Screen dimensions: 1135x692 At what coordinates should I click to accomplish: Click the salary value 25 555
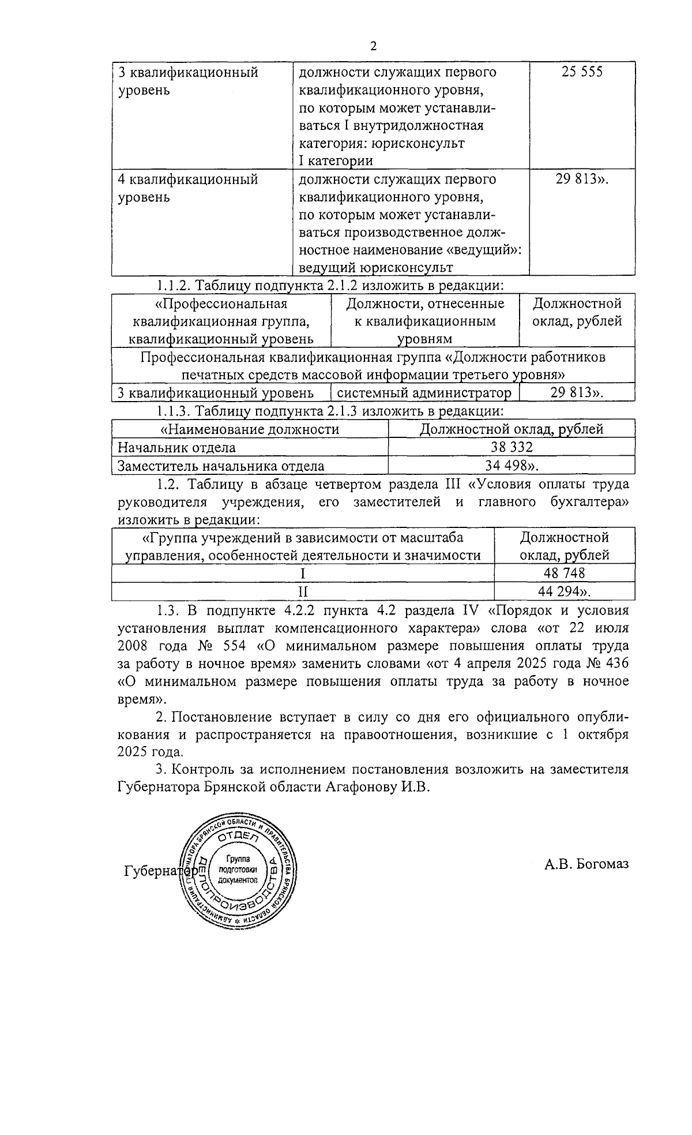(x=582, y=73)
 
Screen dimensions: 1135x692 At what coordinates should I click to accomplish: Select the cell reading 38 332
(x=512, y=447)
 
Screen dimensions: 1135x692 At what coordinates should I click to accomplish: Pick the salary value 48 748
(x=564, y=572)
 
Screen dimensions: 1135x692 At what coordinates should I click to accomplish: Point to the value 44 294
(x=564, y=591)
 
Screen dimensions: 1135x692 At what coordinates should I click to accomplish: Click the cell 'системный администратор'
(x=424, y=394)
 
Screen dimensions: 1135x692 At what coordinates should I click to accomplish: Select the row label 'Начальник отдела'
(x=176, y=447)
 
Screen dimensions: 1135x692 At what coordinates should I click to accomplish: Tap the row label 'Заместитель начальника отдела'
(x=221, y=466)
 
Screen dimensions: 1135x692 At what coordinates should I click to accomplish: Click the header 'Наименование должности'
(x=250, y=429)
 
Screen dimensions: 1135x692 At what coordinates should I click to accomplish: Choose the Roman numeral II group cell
(x=303, y=591)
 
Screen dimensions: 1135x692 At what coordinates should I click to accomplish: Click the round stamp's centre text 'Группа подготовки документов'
(x=238, y=870)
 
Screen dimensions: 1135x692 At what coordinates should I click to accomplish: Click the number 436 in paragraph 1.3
(x=615, y=663)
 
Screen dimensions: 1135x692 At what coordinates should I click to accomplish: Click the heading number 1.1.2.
(x=174, y=286)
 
